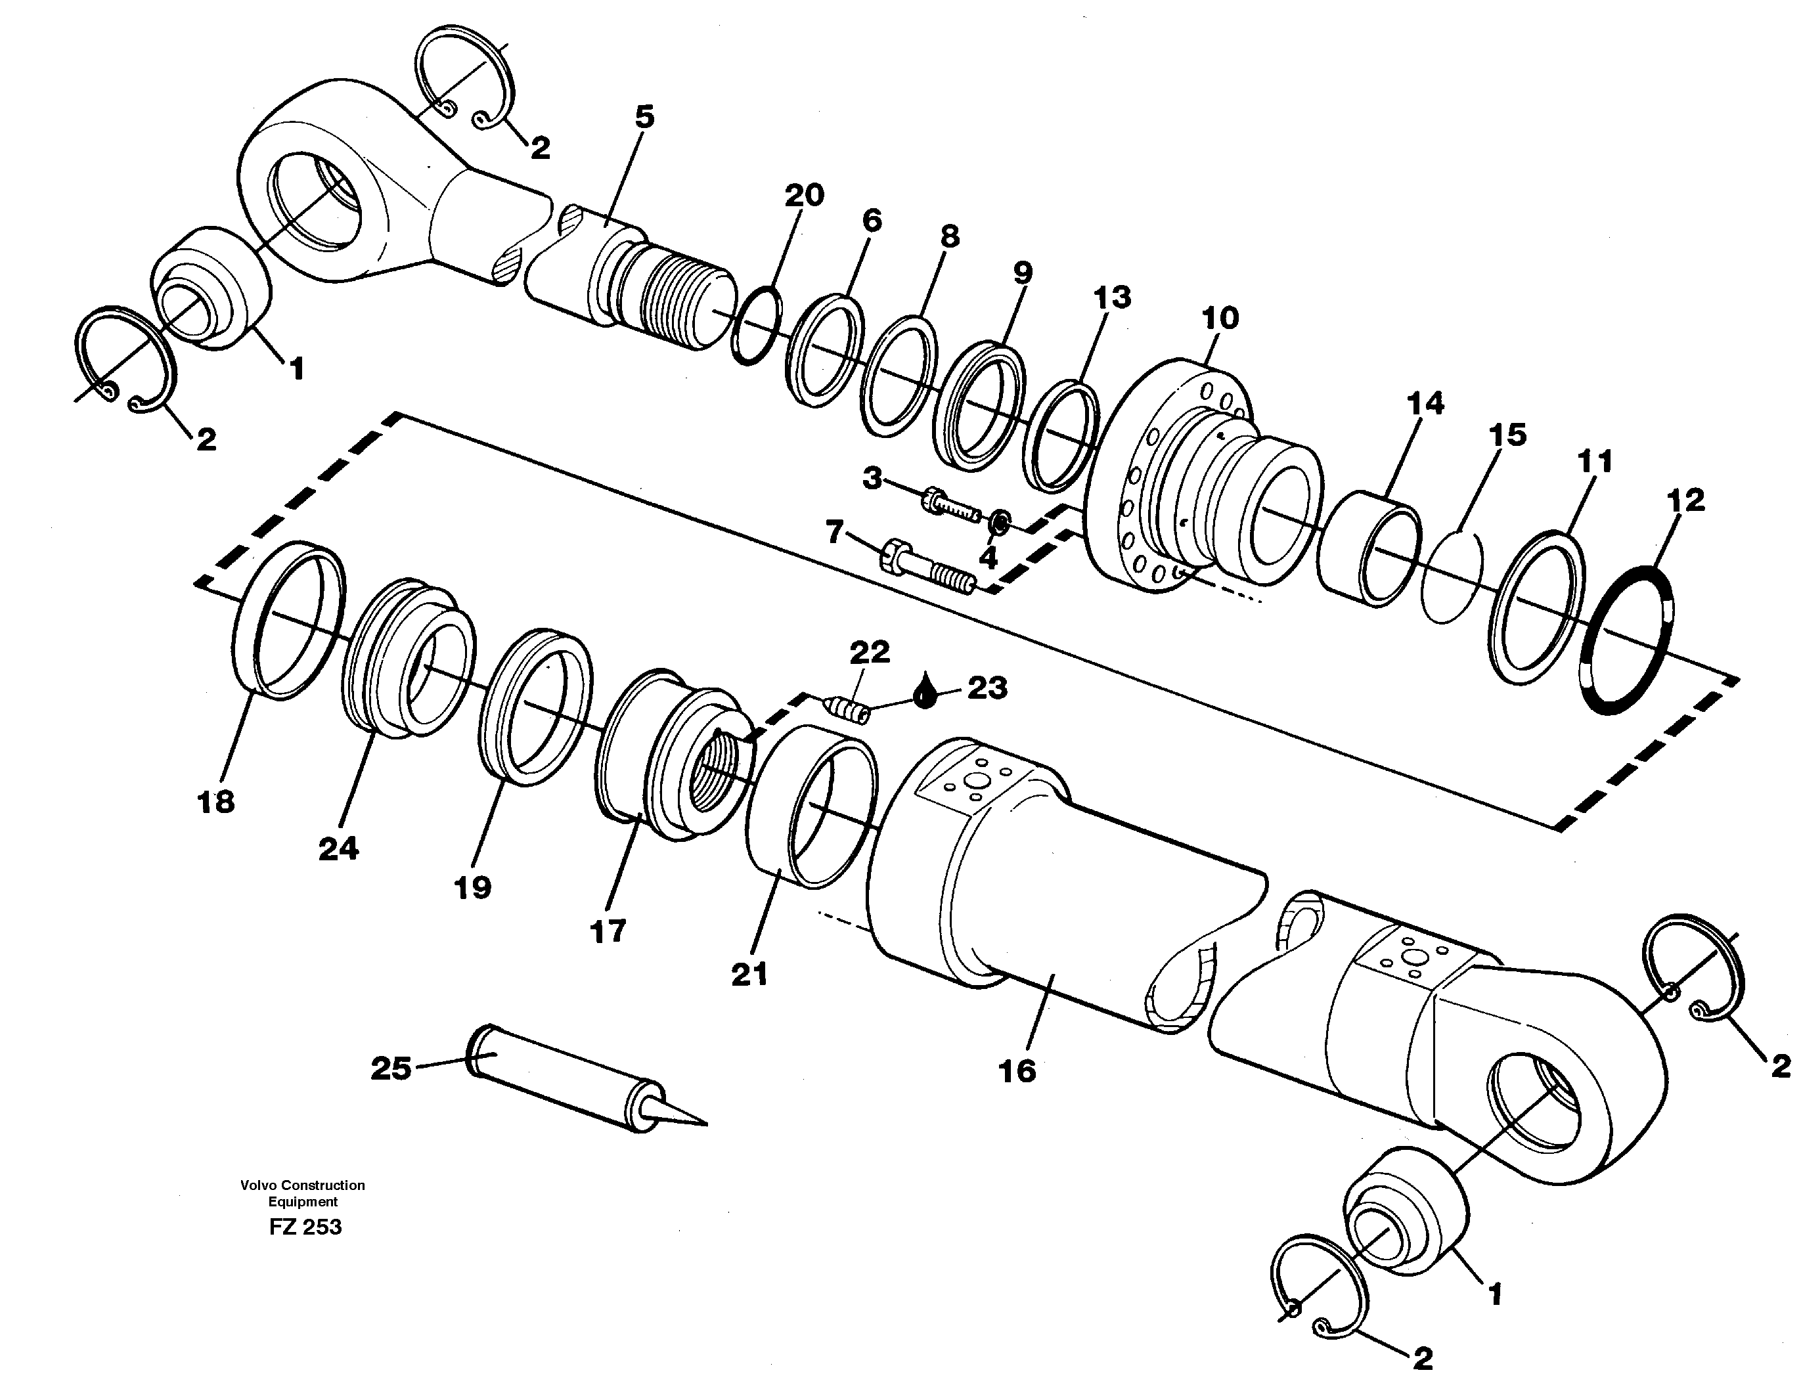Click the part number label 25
(x=391, y=1070)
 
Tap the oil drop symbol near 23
(x=926, y=691)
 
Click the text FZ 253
(x=305, y=1227)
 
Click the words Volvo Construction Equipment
(x=303, y=1193)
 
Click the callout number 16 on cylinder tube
(x=1017, y=1071)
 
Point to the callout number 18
(x=215, y=801)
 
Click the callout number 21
(x=749, y=975)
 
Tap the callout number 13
(x=1111, y=297)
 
